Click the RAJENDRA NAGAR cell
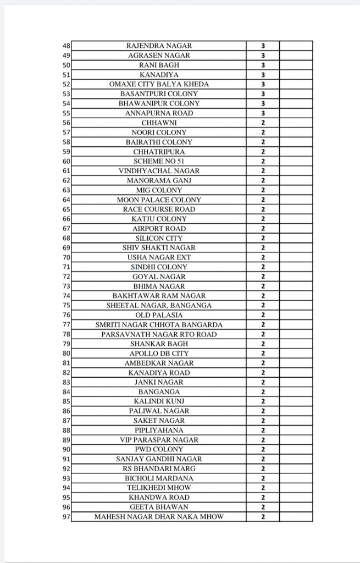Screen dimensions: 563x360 159,46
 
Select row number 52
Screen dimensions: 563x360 67,84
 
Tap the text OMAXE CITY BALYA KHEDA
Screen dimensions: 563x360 159,84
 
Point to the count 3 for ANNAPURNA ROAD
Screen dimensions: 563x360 263,113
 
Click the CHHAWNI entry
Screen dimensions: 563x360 159,123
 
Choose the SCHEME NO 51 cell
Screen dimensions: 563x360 159,161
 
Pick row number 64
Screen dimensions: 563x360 67,200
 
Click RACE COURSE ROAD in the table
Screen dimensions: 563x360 159,209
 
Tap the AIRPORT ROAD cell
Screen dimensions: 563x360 159,229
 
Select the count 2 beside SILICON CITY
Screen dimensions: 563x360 263,238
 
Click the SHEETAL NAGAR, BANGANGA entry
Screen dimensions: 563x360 159,306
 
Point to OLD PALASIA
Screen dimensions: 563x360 159,315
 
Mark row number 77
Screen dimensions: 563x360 67,325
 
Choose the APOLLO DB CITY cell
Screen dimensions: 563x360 159,354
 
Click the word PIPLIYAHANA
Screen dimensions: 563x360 159,430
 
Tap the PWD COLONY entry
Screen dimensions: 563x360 159,450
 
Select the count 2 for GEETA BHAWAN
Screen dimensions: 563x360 263,507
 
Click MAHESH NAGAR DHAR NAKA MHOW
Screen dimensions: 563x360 159,517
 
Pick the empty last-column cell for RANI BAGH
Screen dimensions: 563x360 296,65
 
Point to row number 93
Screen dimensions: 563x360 67,479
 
